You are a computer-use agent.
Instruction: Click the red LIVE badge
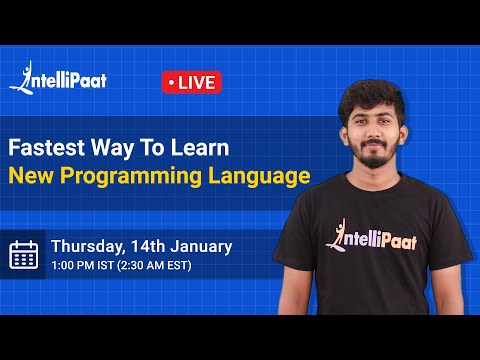click(191, 82)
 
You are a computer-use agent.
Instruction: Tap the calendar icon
click(23, 254)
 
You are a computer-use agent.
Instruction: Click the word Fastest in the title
click(45, 147)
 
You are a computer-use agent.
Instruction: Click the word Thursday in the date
click(89, 246)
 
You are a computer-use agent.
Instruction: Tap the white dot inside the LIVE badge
click(173, 82)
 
